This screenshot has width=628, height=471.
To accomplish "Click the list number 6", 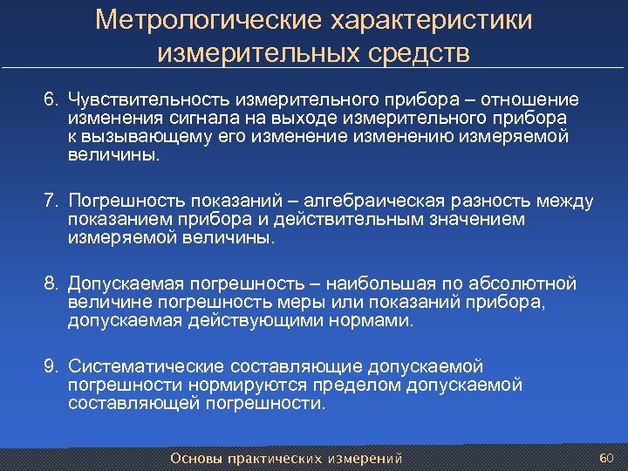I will click(x=50, y=99).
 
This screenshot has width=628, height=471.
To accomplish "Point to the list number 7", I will click(x=50, y=202).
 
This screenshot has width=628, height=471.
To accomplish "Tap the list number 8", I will click(x=50, y=284).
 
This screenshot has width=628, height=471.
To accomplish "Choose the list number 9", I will click(x=50, y=366).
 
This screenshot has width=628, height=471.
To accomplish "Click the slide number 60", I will click(x=607, y=458).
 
